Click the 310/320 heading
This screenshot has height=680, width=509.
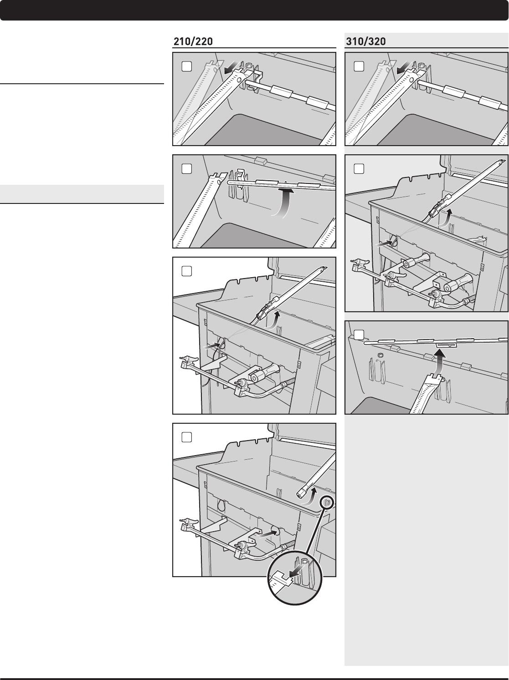tap(366, 42)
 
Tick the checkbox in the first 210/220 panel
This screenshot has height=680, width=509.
tap(187, 66)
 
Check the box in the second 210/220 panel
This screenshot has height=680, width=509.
tap(187, 169)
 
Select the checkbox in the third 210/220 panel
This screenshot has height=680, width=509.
tap(187, 271)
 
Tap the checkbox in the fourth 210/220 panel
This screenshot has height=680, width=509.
tap(187, 437)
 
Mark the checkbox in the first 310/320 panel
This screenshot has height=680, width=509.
tap(359, 66)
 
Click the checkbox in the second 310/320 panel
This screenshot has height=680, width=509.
tap(359, 169)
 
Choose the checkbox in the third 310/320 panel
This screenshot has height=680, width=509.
tap(359, 335)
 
